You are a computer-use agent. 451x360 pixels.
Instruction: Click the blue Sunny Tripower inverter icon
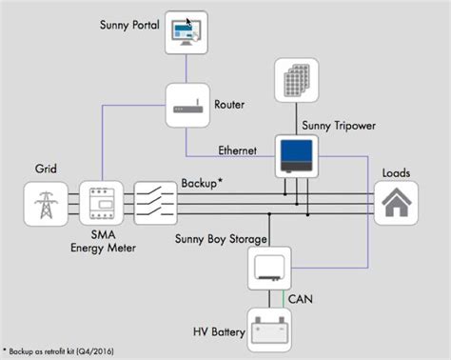(x=297, y=155)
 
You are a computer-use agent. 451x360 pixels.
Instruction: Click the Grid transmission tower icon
(x=45, y=203)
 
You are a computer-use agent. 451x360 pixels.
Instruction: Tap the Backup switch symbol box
(x=154, y=203)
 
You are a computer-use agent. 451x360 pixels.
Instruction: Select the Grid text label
(x=44, y=170)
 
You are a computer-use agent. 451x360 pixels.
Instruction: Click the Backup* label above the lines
(x=205, y=181)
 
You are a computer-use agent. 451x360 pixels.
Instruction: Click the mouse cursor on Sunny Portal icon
(x=189, y=23)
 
